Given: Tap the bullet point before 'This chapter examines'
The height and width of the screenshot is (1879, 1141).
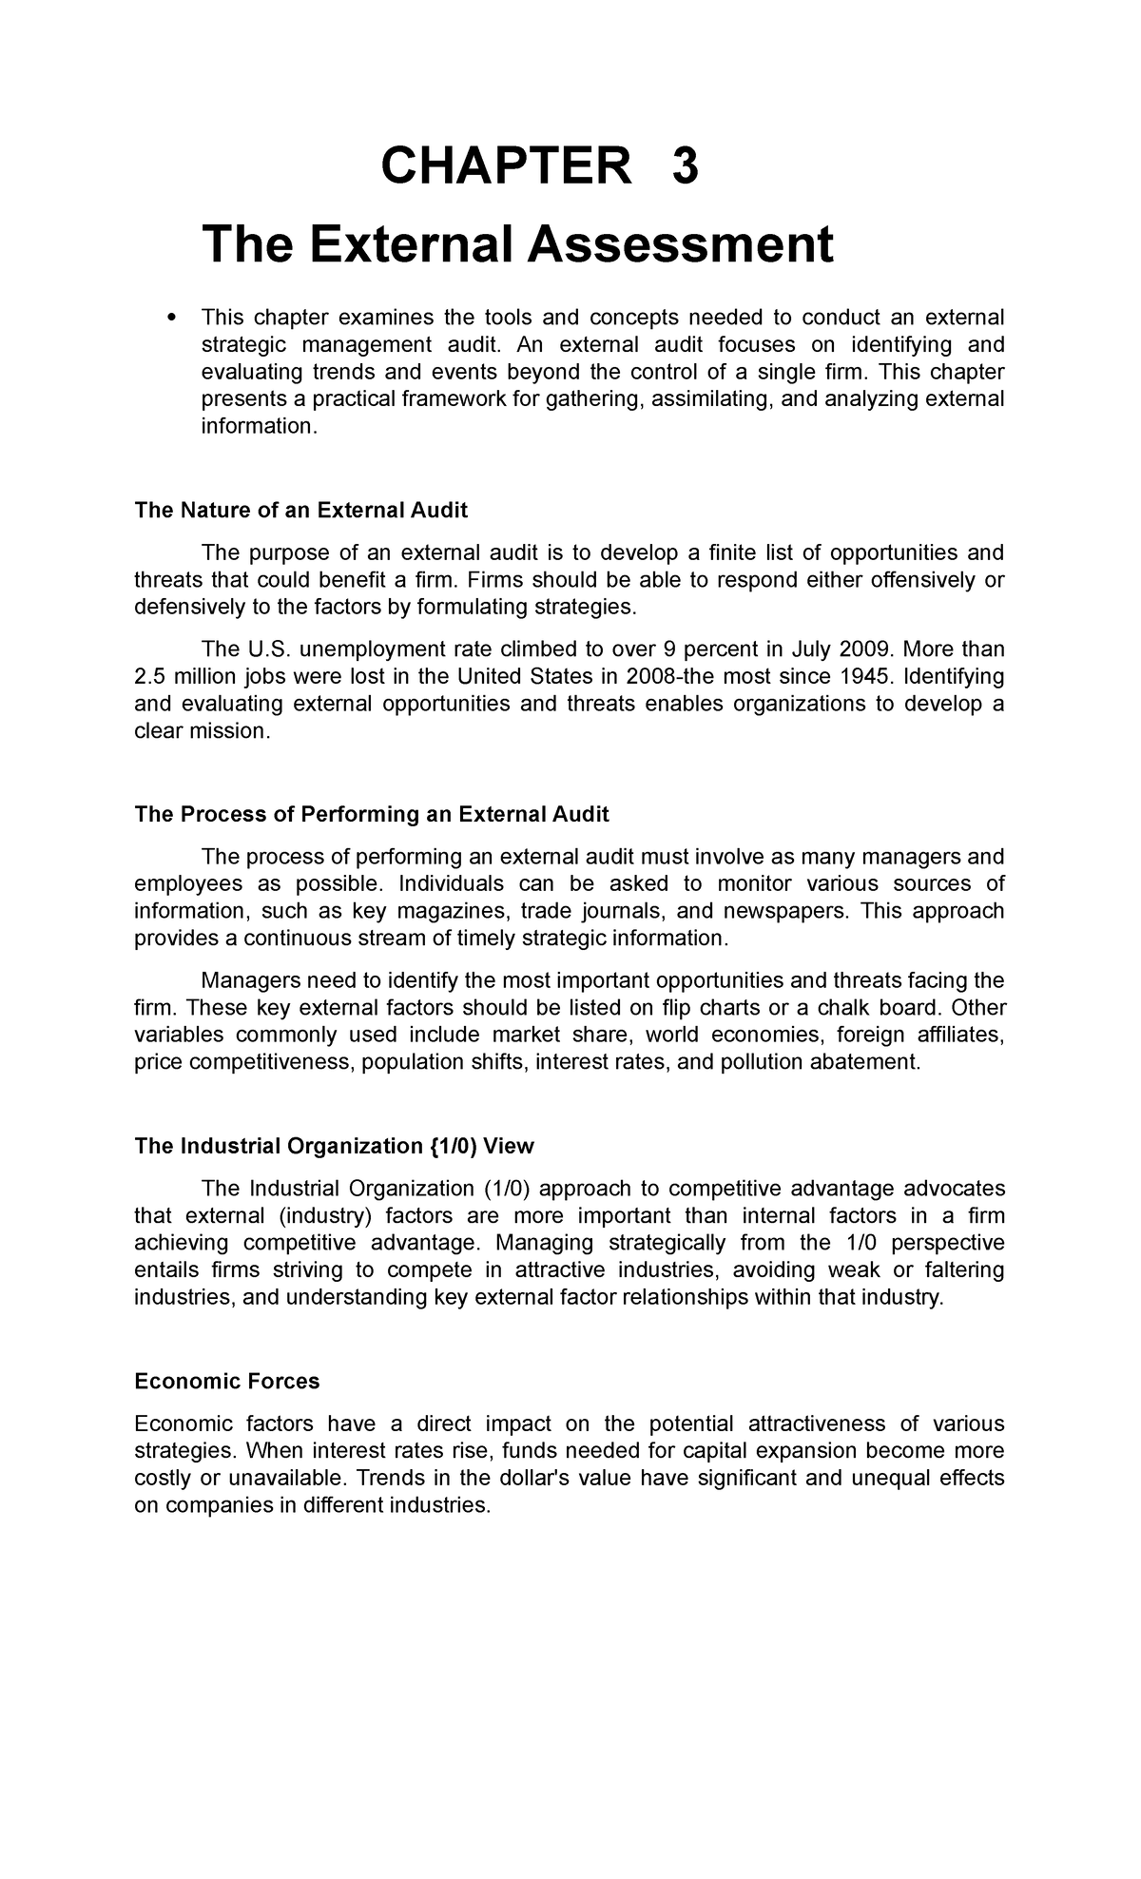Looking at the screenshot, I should [x=171, y=318].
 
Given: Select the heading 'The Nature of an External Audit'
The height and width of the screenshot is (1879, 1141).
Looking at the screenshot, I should [x=300, y=511].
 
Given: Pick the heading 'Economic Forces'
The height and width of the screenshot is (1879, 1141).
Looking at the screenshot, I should [x=226, y=1382].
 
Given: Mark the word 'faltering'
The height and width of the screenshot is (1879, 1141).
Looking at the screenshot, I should [x=960, y=1270].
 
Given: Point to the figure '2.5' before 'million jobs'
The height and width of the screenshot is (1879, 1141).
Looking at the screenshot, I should [x=151, y=676].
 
